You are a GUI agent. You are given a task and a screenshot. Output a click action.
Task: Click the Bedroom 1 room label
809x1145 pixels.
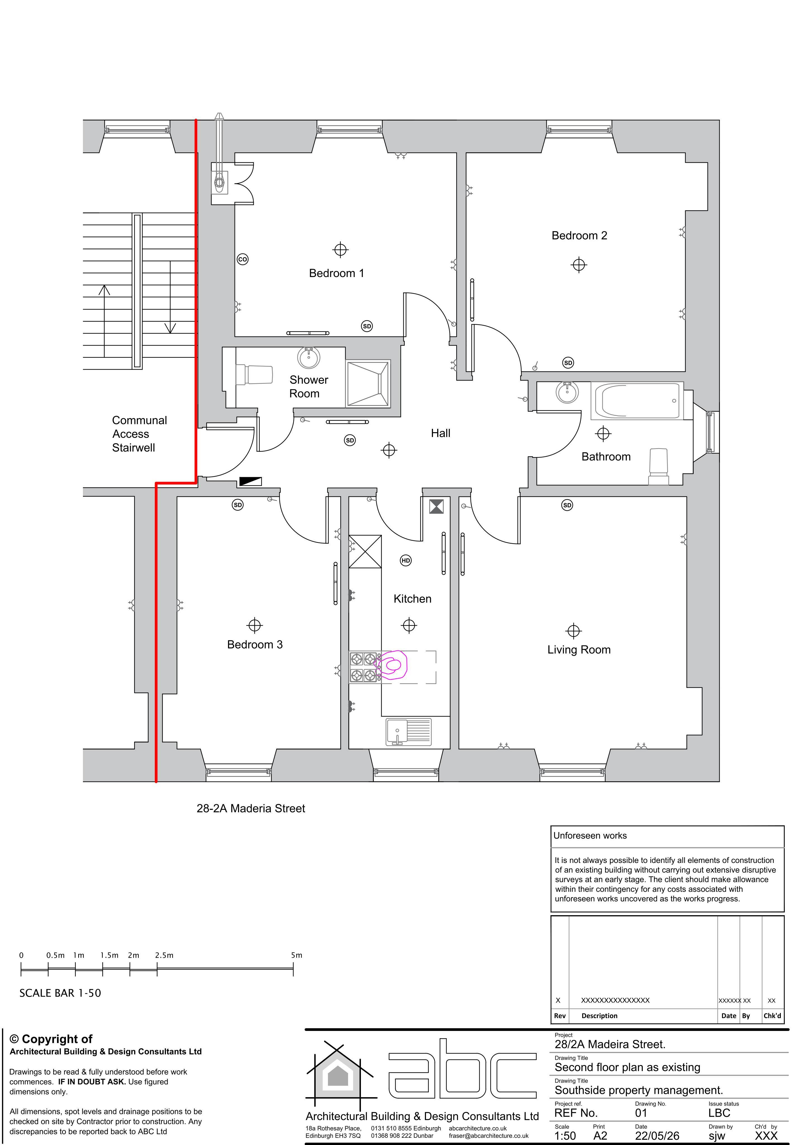click(336, 273)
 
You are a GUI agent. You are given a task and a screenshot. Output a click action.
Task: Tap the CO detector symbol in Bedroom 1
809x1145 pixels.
click(242, 259)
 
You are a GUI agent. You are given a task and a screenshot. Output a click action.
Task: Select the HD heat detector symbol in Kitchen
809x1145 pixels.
click(406, 560)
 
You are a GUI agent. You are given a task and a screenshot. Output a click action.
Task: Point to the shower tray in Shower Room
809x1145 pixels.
click(368, 383)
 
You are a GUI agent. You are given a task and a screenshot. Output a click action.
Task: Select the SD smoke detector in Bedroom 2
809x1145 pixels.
click(568, 363)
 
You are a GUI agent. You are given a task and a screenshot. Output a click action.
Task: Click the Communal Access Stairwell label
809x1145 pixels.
click(139, 434)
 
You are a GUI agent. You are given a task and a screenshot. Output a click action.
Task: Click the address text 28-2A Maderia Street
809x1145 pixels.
click(251, 808)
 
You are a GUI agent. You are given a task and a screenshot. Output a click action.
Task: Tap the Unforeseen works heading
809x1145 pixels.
click(590, 835)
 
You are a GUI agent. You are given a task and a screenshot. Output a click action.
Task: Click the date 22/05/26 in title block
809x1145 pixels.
click(657, 1135)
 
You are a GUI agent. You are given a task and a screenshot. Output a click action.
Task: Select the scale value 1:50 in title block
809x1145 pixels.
click(565, 1135)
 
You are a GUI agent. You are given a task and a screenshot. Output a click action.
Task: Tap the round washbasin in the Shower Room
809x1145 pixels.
click(309, 357)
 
